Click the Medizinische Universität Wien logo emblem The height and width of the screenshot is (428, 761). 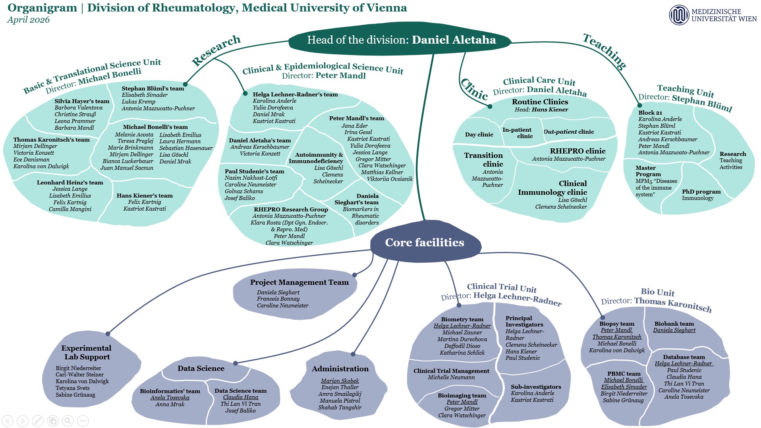[x=679, y=15]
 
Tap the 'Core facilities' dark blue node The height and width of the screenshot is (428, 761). [x=425, y=242]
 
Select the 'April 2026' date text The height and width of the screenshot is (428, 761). [x=28, y=20]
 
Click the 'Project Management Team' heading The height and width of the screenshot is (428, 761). [x=299, y=282]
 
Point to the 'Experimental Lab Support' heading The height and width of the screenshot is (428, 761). [x=87, y=352]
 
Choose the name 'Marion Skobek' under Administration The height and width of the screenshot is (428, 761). [x=340, y=381]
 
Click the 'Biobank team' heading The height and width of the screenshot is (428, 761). [x=674, y=324]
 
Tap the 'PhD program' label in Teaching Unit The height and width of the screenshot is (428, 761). [x=701, y=192]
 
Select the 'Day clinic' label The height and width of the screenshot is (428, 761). [x=479, y=134]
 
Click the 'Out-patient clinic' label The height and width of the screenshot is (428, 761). [x=568, y=132]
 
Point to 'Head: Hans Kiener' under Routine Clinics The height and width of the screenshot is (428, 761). [x=541, y=109]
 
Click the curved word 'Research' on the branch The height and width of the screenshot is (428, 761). [x=216, y=50]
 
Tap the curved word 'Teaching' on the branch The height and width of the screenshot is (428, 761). [x=605, y=51]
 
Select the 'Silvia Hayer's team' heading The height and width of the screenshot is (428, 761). [x=82, y=101]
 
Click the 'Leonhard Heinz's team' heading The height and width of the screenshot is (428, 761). [x=70, y=182]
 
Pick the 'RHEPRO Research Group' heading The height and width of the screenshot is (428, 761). [x=291, y=209]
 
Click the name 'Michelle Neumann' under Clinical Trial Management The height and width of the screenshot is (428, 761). [x=451, y=377]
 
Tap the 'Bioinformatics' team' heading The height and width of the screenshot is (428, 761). [x=170, y=391]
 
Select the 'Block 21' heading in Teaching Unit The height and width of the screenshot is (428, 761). [x=650, y=113]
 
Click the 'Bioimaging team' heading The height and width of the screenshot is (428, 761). [x=462, y=395]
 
